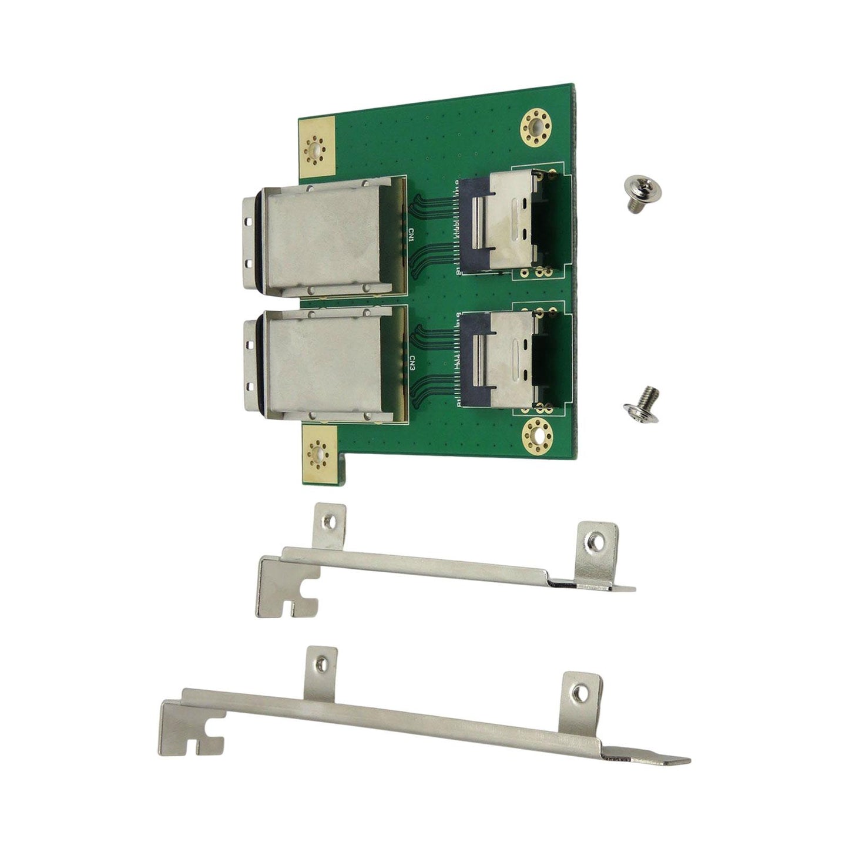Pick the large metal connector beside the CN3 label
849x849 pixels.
[326, 368]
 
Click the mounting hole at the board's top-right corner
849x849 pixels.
[535, 126]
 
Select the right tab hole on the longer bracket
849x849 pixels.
[582, 693]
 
